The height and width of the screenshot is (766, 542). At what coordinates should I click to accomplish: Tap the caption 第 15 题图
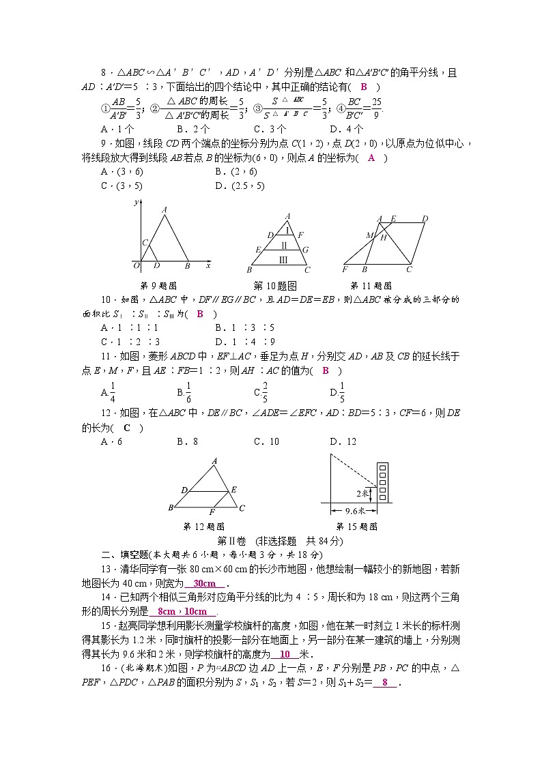click(x=356, y=527)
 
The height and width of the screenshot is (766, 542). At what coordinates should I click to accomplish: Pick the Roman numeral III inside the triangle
click(x=283, y=259)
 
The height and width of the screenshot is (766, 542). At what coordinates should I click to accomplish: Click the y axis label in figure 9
click(x=137, y=203)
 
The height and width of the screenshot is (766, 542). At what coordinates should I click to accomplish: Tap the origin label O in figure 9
click(x=137, y=265)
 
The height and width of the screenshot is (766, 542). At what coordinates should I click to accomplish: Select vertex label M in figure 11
click(x=369, y=235)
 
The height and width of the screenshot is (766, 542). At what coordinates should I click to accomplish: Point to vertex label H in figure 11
click(x=384, y=237)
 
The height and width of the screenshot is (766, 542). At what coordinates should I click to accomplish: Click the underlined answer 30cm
click(x=204, y=583)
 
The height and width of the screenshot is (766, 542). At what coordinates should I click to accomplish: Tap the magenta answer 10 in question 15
click(x=285, y=654)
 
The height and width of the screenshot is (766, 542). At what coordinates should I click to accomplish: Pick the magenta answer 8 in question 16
click(x=385, y=683)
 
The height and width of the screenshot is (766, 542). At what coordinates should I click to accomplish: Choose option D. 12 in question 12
click(x=343, y=441)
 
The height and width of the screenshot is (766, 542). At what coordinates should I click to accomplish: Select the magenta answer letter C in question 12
click(x=127, y=428)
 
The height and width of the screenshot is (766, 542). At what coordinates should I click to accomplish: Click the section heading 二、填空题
click(x=117, y=555)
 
